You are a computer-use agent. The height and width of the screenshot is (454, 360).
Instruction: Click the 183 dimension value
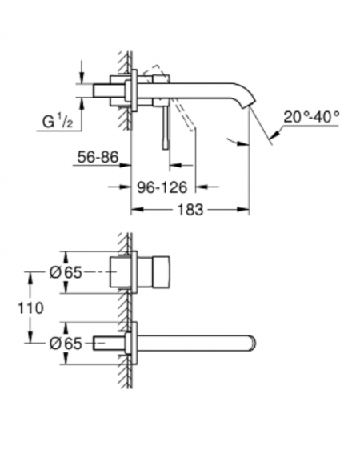[x=190, y=209]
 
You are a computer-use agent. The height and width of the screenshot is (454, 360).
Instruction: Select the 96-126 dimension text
[x=162, y=187]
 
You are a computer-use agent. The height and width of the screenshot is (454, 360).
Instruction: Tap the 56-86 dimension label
[x=98, y=157]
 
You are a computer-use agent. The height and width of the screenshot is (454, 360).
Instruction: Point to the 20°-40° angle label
[x=311, y=117]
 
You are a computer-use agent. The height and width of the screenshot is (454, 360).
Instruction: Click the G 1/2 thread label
[x=58, y=121]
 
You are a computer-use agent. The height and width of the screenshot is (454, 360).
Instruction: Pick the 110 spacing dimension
[x=30, y=307]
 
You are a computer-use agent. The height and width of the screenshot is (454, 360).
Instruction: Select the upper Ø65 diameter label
[x=66, y=272]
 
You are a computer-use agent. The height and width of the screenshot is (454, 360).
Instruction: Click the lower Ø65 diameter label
[x=66, y=344]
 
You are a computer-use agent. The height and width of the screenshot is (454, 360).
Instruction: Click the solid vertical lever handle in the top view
[x=166, y=127]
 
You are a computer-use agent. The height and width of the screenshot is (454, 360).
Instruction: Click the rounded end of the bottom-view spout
[x=253, y=344]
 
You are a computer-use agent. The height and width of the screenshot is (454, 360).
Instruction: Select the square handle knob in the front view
[x=160, y=272]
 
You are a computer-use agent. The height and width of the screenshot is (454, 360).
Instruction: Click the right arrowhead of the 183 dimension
[x=243, y=209]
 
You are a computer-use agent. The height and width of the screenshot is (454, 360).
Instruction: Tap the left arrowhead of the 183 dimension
[x=138, y=209]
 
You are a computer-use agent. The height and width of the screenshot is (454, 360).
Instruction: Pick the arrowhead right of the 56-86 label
[x=125, y=165]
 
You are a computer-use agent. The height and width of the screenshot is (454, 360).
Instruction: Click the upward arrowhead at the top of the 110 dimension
[x=30, y=278]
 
